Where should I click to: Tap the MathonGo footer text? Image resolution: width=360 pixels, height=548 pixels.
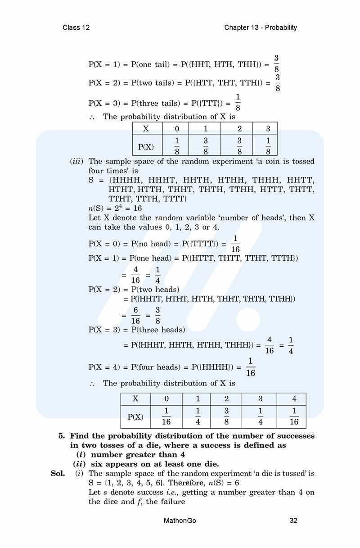(180, 521)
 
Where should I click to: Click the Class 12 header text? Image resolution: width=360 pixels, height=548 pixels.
(76, 27)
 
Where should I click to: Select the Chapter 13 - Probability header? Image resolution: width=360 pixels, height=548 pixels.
(261, 27)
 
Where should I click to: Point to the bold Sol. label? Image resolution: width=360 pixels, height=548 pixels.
(58, 473)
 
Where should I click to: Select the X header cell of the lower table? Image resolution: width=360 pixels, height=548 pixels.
(135, 399)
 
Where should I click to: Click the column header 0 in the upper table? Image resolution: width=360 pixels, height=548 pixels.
(177, 128)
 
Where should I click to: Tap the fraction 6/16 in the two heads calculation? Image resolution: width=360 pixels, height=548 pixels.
(136, 315)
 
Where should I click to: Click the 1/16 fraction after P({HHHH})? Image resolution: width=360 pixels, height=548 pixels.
(251, 367)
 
